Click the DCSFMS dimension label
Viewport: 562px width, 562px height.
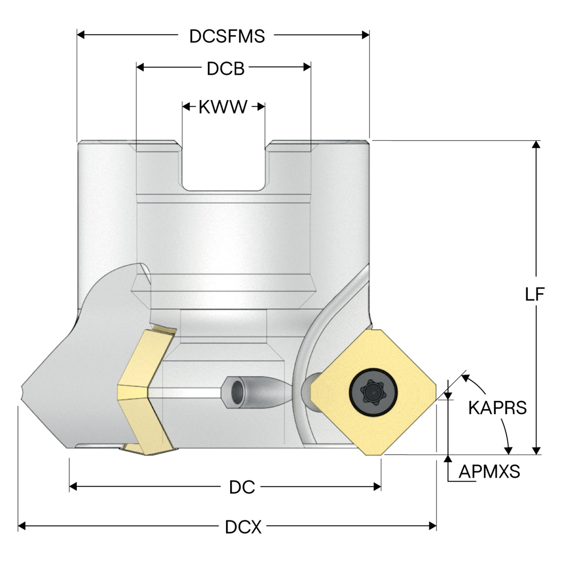227,36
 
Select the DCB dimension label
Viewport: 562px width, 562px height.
225,69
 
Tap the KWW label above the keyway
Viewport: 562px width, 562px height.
223,107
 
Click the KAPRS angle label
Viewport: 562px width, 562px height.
497,407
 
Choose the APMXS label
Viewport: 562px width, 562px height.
490,471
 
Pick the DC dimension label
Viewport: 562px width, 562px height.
242,487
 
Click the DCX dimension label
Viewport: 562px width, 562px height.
243,527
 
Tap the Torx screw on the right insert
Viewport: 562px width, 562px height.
373,393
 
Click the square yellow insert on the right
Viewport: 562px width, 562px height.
373,392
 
